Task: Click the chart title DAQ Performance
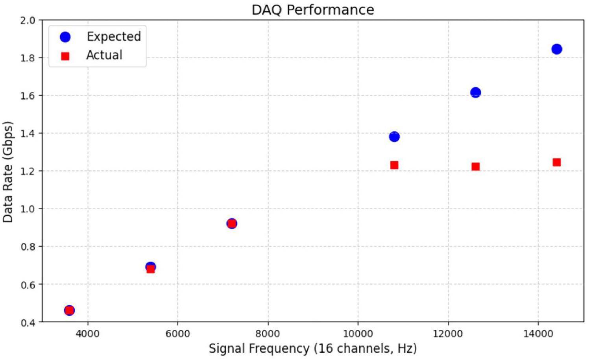pyautogui.click(x=313, y=9)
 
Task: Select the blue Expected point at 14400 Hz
pyautogui.click(x=556, y=49)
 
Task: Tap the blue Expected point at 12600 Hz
pyautogui.click(x=475, y=92)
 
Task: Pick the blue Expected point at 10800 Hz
pyautogui.click(x=394, y=137)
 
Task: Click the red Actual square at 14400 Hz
pyautogui.click(x=556, y=162)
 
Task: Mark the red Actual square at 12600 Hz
pyautogui.click(x=475, y=166)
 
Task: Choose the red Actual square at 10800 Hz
pyautogui.click(x=394, y=165)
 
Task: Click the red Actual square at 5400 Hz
pyautogui.click(x=150, y=269)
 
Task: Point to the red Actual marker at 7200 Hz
pyautogui.click(x=232, y=223)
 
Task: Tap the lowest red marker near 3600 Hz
pyautogui.click(x=69, y=310)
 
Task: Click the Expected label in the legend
pyautogui.click(x=114, y=37)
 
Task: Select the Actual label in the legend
pyautogui.click(x=104, y=55)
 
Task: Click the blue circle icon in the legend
pyautogui.click(x=65, y=37)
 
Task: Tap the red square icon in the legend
pyautogui.click(x=65, y=56)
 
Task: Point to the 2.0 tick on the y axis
pyautogui.click(x=28, y=20)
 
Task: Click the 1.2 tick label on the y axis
pyautogui.click(x=28, y=171)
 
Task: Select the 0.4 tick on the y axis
pyautogui.click(x=28, y=322)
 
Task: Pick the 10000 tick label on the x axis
pyautogui.click(x=358, y=334)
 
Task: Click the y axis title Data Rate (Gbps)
pyautogui.click(x=8, y=172)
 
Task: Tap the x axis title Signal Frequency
pyautogui.click(x=313, y=349)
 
